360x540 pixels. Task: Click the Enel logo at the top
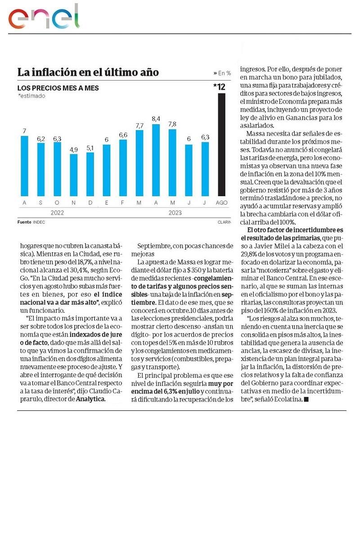[x=44, y=18]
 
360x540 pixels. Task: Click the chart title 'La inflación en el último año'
[x=88, y=72]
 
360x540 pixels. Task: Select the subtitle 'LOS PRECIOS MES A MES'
[x=58, y=88]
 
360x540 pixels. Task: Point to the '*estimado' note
[x=31, y=96]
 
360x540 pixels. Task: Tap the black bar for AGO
[x=221, y=144]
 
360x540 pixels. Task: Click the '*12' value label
[x=220, y=86]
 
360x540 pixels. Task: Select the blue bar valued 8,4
[x=156, y=160]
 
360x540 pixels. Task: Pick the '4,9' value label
[x=73, y=149]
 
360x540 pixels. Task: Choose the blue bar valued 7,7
[x=139, y=162]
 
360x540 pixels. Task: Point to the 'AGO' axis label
[x=221, y=203]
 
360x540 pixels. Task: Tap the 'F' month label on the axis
[x=123, y=203]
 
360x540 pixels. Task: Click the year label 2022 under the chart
[x=57, y=212]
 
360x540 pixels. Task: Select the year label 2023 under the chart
[x=175, y=212]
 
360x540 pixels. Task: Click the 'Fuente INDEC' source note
[x=31, y=222]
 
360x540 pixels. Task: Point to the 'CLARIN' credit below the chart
[x=224, y=222]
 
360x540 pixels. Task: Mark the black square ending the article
[x=306, y=399]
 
